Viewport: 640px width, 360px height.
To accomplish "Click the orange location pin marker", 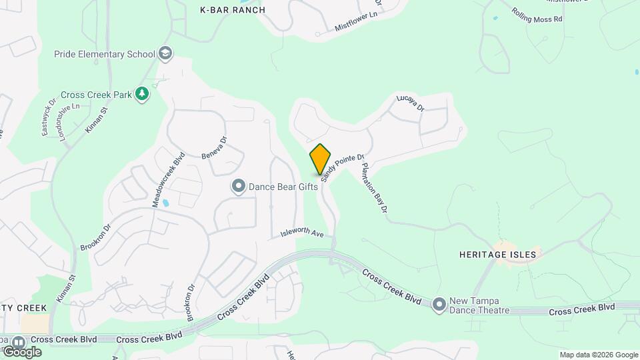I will [x=320, y=159].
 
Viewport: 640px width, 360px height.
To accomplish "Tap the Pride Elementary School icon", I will [x=166, y=53].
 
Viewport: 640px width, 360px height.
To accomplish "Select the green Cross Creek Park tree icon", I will [x=141, y=95].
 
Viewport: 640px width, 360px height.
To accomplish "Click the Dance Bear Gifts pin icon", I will [x=239, y=187].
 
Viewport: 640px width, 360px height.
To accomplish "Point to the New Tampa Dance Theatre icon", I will [x=439, y=305].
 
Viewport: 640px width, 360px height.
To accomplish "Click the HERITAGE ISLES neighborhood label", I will [x=497, y=254].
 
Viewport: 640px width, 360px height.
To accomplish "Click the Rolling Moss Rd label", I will [x=537, y=15].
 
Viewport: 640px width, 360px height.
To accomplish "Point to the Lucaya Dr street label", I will [x=410, y=107].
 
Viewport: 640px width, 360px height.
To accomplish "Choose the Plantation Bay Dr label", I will [x=374, y=188].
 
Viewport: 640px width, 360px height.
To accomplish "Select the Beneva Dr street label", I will [x=215, y=147].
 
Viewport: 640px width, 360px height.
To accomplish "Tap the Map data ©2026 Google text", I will [x=598, y=355].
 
